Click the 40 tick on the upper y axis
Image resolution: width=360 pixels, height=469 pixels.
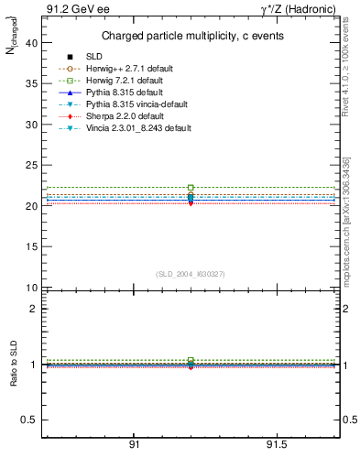tap(33, 42)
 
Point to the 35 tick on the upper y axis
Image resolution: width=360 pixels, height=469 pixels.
tap(33, 83)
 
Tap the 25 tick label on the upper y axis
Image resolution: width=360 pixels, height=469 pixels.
tap(33, 165)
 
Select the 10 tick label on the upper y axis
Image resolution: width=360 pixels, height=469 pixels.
tap(33, 288)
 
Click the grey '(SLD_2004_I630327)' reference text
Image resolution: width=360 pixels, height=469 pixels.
tap(190, 274)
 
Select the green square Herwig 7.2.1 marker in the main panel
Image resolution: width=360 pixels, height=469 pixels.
tap(191, 188)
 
